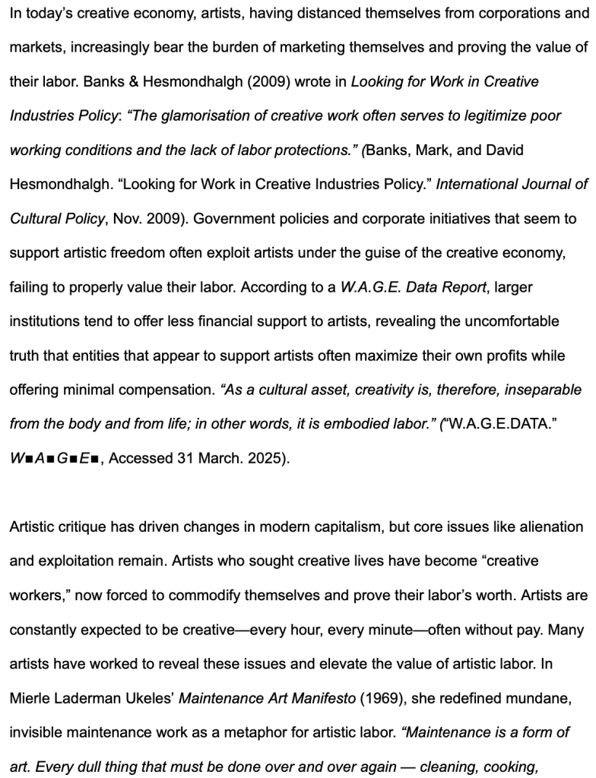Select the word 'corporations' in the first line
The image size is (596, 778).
click(x=507, y=12)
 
